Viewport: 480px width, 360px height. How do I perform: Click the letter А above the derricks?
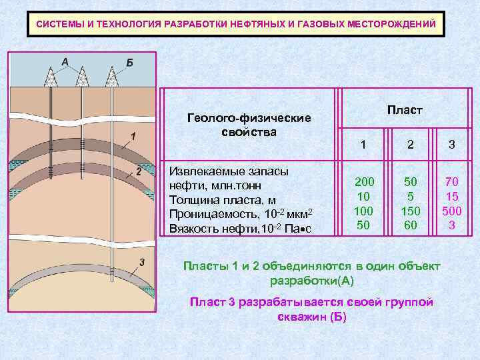65,61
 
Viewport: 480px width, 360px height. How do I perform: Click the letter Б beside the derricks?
129,62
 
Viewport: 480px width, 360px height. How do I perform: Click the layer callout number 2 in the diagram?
138,171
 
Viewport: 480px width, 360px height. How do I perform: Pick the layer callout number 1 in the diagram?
133,136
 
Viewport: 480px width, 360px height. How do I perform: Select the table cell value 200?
364,181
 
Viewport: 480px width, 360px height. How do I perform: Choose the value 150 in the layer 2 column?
411,211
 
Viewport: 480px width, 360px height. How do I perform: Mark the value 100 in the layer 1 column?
364,211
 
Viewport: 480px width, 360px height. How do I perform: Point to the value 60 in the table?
411,225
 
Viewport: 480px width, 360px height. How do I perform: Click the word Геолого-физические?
249,118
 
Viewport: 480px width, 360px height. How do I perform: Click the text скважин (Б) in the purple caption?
311,316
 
